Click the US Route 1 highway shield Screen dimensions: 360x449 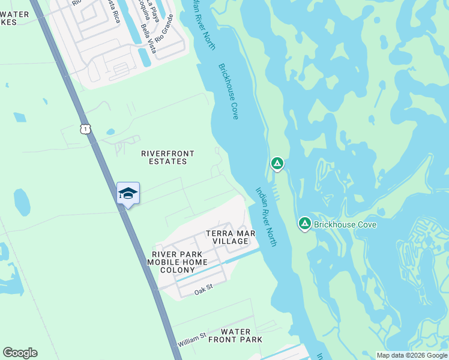click(87, 128)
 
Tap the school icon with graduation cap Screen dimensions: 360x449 click(128, 194)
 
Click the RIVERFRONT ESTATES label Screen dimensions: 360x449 click(167, 158)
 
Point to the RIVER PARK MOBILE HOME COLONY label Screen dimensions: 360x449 click(177, 262)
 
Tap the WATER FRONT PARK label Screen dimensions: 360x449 click(235, 335)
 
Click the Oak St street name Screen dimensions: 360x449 click(203, 290)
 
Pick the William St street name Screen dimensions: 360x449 click(192, 340)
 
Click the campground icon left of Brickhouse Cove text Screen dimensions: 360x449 click(304, 224)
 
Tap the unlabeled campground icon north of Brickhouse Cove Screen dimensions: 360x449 click(277, 163)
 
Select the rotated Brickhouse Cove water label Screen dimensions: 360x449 click(229, 91)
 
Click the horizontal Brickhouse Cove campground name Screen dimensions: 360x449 click(345, 225)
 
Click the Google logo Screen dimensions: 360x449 click(20, 353)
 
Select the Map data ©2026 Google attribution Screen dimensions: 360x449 click(411, 355)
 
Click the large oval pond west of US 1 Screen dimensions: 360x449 click(22, 202)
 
